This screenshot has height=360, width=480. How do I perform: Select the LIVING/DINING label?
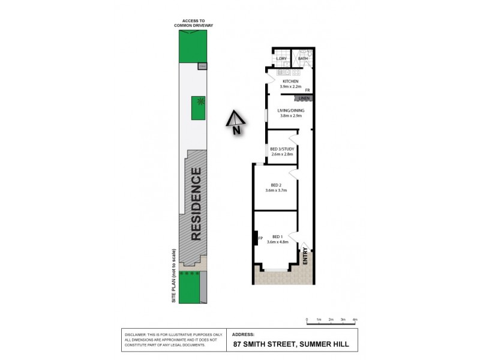coord(289,111)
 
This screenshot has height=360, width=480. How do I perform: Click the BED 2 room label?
coord(276,185)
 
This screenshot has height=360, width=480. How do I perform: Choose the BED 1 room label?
coord(277,236)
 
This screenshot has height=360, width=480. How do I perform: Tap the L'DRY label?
coord(280,59)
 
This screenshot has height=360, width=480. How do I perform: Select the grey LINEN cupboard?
coord(304,98)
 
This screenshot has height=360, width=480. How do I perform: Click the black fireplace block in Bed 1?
coord(255,238)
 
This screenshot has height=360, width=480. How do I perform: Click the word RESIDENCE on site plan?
coord(196,205)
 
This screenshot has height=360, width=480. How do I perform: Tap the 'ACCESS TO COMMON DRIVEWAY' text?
coord(193,23)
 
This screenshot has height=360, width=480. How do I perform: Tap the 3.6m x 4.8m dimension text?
coord(277,242)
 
